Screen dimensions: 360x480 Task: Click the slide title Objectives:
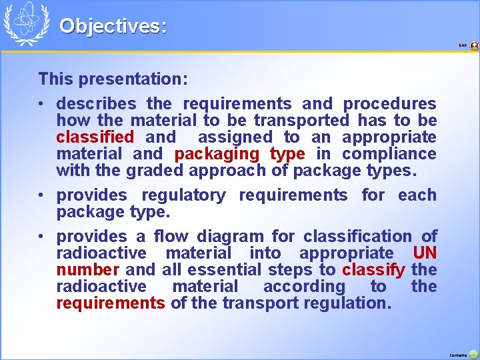pos(113,26)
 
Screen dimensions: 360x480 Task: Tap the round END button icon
pos(474,46)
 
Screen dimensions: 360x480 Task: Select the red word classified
pos(95,137)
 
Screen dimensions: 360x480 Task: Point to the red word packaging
pos(217,154)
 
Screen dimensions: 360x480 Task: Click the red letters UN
pos(425,253)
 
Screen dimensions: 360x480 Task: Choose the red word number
pos(87,270)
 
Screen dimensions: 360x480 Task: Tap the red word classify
pos(373,270)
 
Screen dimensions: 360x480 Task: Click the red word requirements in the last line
pos(110,303)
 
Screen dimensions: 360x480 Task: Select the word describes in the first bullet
pos(96,104)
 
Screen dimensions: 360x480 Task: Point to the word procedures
pos(389,104)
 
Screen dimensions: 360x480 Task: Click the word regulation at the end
pos(353,303)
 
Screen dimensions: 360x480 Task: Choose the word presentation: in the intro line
pos(133,79)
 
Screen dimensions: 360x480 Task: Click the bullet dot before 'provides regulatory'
pos(43,195)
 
